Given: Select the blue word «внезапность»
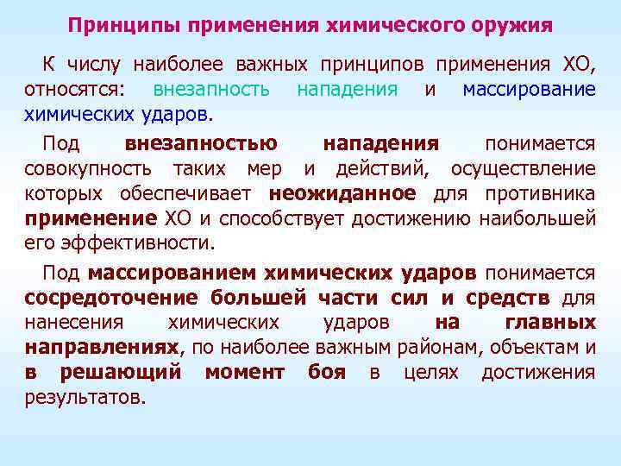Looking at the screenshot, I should click(x=211, y=90).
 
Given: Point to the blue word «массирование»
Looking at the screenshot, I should click(x=529, y=90).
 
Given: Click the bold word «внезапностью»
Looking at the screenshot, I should click(x=201, y=143).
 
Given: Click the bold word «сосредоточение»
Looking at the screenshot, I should click(x=104, y=299).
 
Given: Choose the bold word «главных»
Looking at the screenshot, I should click(x=549, y=323).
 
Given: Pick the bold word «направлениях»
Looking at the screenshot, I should click(x=103, y=348).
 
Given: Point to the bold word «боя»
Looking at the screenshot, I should click(x=326, y=373).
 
